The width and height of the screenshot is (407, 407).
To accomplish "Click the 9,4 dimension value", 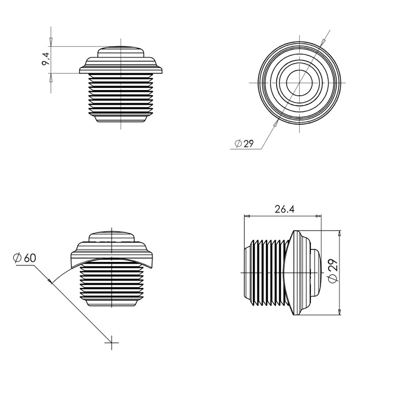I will pos(45,59).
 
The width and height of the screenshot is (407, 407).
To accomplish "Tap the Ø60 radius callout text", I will pos(24,257).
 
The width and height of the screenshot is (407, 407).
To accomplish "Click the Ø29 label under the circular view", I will pos(244,144).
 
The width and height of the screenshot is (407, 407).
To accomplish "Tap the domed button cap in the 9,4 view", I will pos(121,51).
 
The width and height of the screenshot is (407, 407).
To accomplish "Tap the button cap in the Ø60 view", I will pos(111,238).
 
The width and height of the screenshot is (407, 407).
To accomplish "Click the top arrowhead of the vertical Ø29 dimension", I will pos(339,232).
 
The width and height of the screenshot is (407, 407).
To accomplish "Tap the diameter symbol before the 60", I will pos(17,257).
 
